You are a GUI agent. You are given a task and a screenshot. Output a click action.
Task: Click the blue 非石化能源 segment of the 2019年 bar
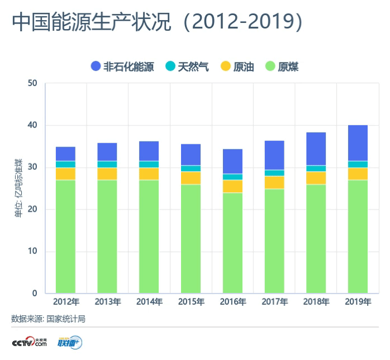(x=358, y=143)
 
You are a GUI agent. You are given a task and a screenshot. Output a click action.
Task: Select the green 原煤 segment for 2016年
(x=232, y=243)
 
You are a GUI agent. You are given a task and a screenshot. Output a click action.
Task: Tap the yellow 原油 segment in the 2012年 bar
(x=65, y=174)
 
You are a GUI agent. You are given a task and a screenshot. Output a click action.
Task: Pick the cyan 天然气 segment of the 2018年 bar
(x=316, y=168)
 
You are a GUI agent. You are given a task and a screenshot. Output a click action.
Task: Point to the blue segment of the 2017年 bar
(x=274, y=155)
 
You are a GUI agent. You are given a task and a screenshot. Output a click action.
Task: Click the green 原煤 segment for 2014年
(x=149, y=236)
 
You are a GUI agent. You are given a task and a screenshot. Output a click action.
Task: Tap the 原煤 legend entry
(x=283, y=67)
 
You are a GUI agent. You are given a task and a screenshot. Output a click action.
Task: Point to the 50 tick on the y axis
(x=32, y=83)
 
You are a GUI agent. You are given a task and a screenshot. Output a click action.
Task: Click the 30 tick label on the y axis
(x=32, y=167)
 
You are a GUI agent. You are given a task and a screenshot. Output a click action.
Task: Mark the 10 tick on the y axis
(x=32, y=251)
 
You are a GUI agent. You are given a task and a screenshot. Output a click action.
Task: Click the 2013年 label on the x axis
(x=107, y=302)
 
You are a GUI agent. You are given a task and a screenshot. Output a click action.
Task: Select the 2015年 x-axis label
(x=191, y=302)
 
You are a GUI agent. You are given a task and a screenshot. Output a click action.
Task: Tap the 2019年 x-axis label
(x=358, y=302)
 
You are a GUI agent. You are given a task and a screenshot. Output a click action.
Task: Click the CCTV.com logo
(x=29, y=342)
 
